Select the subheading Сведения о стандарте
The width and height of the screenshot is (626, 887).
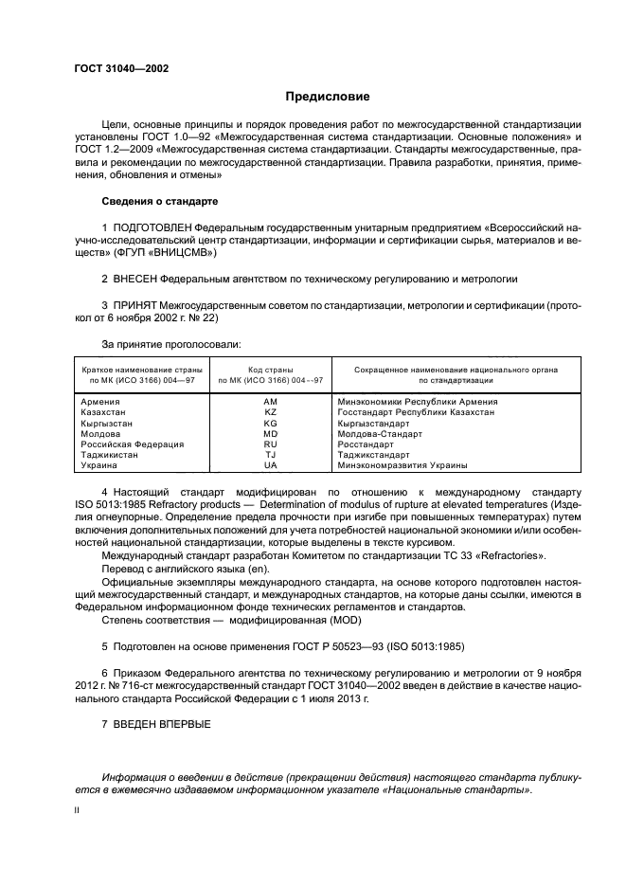160,202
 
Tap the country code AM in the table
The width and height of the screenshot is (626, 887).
270,402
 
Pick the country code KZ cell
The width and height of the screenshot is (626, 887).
270,412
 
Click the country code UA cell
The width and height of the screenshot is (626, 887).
270,465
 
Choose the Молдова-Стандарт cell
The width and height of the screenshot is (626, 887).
380,434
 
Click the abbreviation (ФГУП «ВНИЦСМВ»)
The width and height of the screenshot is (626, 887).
167,254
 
